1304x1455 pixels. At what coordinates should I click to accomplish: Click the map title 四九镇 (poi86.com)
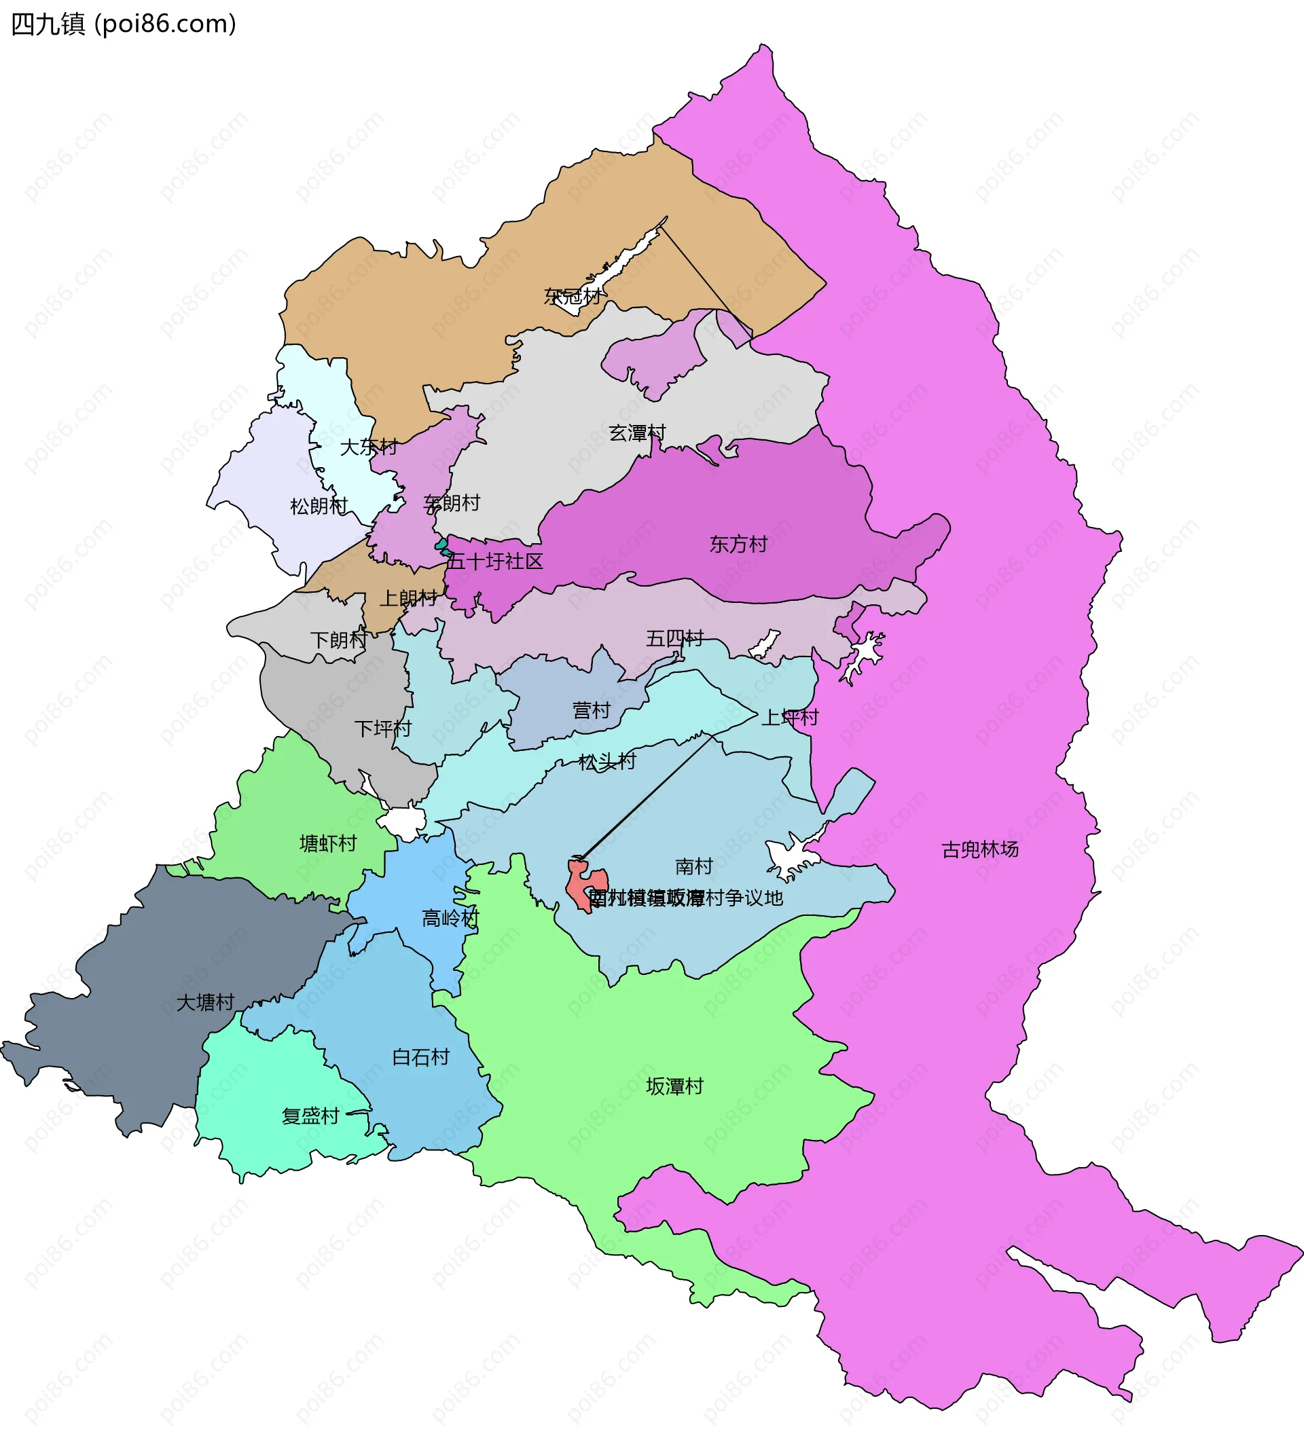(x=123, y=24)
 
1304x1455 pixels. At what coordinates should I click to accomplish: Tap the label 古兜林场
(x=979, y=849)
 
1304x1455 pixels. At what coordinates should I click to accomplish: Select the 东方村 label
(x=738, y=545)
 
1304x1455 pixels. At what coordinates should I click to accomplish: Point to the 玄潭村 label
(x=637, y=432)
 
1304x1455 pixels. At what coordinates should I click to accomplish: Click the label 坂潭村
(x=674, y=1087)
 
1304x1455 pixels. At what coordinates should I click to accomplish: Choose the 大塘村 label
(x=206, y=1003)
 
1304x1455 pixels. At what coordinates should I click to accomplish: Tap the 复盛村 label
(x=310, y=1116)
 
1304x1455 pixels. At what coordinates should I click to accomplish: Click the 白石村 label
(x=420, y=1057)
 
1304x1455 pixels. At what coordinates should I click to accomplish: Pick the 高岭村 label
(x=450, y=919)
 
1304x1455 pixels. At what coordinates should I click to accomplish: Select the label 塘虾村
(x=328, y=843)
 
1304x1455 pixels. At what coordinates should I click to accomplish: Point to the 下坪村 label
(x=383, y=729)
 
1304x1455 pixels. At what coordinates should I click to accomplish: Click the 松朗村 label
(x=319, y=507)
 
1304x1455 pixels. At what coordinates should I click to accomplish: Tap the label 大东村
(x=368, y=447)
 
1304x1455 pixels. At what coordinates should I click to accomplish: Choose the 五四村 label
(x=674, y=638)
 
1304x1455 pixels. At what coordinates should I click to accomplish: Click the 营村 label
(x=591, y=711)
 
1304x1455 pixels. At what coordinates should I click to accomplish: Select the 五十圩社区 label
(x=494, y=561)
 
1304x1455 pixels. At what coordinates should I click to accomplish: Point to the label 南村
(x=693, y=867)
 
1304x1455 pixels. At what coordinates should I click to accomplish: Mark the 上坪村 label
(x=790, y=717)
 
